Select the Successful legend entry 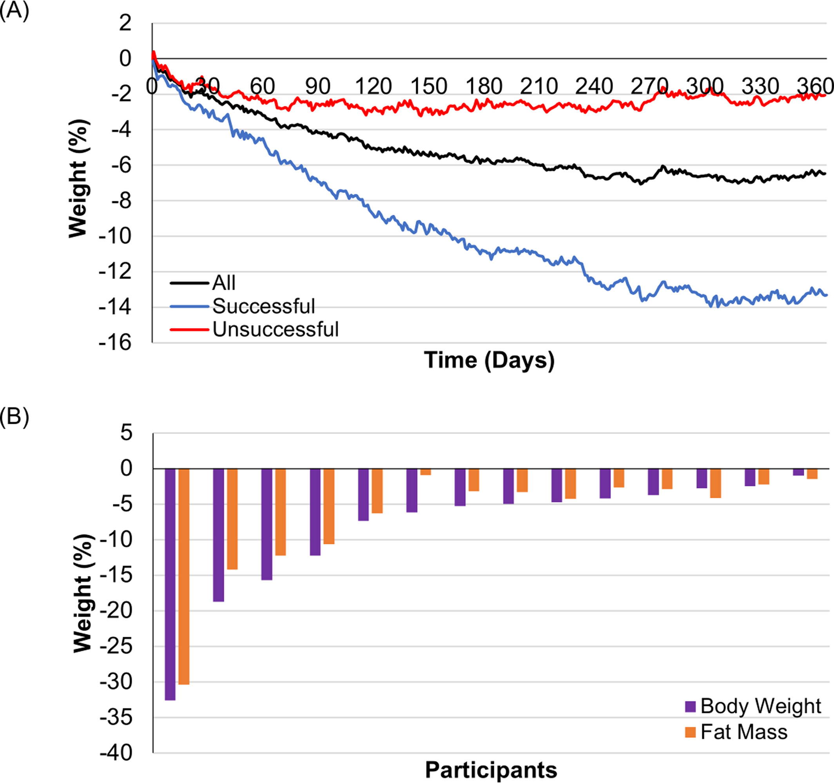click(x=263, y=306)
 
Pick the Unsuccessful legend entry click(x=275, y=329)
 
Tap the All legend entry click(x=224, y=283)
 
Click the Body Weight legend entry click(x=760, y=706)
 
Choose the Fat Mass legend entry click(x=743, y=732)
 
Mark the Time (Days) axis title click(x=489, y=360)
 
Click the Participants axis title click(x=491, y=770)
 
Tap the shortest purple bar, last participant click(x=798, y=472)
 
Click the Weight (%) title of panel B click(x=83, y=593)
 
